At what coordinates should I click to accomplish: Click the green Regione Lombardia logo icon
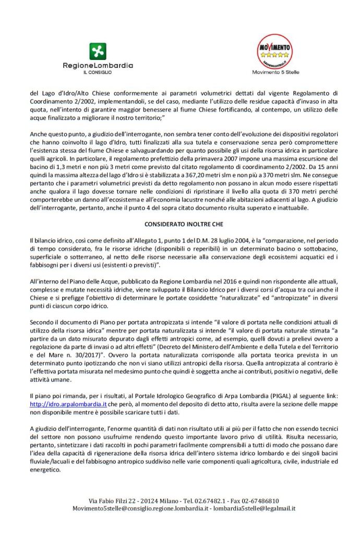click(x=98, y=51)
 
